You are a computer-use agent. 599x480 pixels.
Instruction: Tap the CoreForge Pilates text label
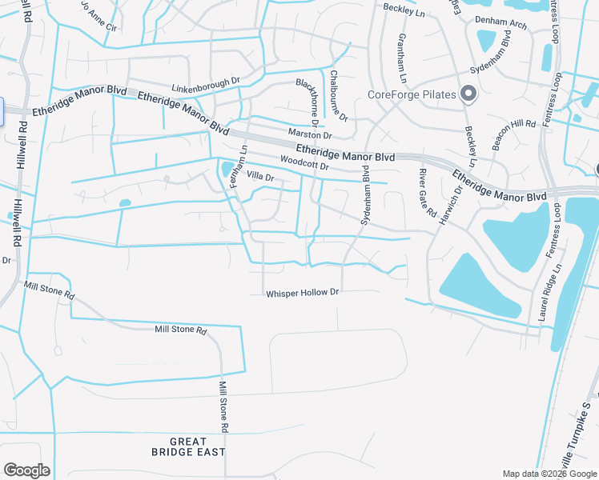tap(412, 95)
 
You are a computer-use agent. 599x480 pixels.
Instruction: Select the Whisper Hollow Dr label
tap(304, 294)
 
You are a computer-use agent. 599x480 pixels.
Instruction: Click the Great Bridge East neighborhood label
tap(189, 446)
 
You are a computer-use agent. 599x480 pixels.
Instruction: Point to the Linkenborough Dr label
tap(206, 82)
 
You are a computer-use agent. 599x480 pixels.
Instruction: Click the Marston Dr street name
tap(309, 133)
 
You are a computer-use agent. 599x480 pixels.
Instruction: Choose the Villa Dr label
tap(260, 176)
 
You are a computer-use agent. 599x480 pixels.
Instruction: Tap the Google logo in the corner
tap(26, 470)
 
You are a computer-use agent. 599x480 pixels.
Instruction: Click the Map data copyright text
tap(549, 474)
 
